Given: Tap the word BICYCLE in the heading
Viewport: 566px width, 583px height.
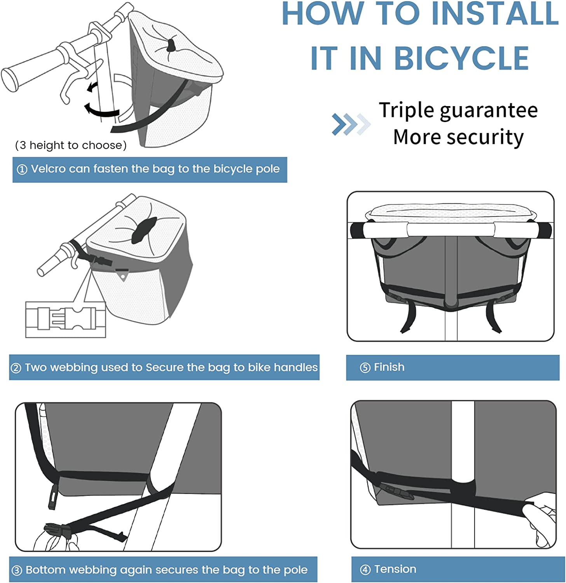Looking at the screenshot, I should pos(461,58).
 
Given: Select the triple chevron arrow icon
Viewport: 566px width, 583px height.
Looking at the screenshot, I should pos(351,124).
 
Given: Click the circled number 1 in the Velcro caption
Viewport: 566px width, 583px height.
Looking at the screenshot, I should pos(22,169).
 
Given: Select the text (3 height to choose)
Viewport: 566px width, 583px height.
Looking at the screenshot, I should pos(71,145).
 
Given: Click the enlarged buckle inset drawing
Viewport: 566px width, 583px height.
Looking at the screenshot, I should pos(66,319).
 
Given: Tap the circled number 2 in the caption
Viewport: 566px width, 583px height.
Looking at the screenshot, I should pos(16,368).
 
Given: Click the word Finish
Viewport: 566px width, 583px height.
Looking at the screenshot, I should pos(389,367).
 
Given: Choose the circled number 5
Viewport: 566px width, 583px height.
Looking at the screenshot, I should pos(365,368).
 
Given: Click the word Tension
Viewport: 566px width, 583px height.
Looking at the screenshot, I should pos(395,569).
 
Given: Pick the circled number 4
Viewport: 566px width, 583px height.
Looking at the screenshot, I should pos(365,570).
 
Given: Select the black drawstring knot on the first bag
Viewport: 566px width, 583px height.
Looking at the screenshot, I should pos(171,45).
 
